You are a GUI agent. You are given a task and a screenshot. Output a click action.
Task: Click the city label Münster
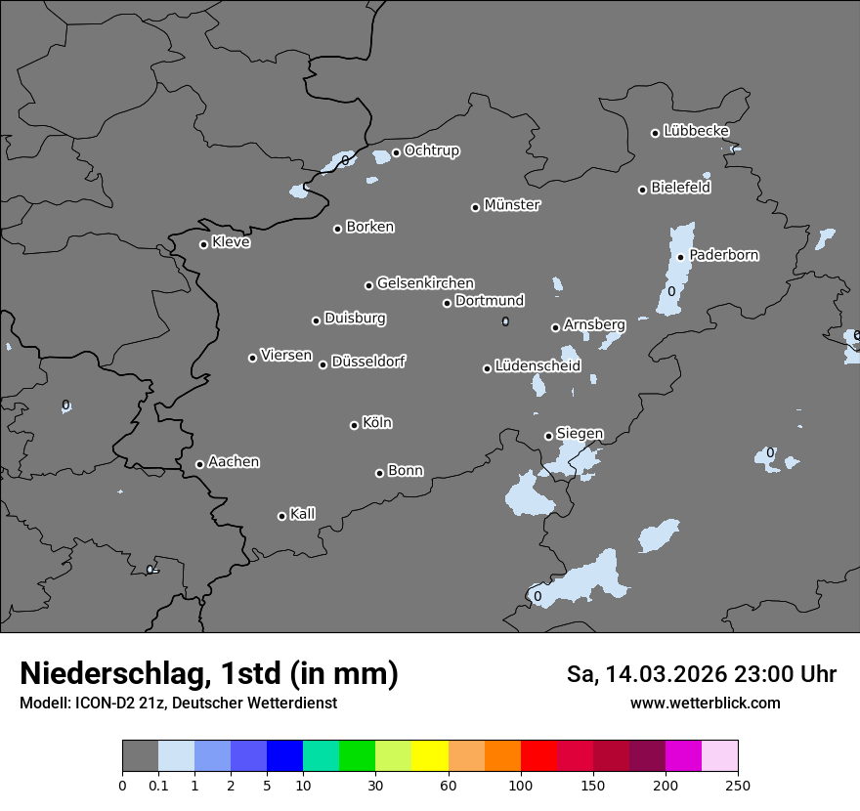512,205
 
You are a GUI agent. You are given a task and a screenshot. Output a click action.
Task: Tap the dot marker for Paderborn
681,257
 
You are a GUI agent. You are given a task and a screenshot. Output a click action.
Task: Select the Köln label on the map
377,423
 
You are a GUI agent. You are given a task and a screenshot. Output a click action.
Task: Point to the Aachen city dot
200,464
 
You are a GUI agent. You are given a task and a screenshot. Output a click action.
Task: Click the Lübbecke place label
696,131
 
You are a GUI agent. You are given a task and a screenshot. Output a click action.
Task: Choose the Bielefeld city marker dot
643,190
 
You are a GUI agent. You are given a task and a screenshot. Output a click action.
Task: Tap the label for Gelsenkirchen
425,283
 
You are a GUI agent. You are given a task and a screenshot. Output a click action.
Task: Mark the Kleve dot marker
204,244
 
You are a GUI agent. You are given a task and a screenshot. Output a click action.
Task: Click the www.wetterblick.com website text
705,703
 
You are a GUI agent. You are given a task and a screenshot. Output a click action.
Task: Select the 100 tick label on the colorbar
521,784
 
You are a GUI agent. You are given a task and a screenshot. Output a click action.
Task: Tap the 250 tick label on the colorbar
738,784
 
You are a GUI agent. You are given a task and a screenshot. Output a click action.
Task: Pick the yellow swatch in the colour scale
430,756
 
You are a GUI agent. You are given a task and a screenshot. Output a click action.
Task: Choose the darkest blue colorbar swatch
284,756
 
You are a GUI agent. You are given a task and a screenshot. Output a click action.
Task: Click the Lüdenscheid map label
537,366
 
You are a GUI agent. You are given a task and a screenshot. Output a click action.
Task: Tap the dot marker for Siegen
548,436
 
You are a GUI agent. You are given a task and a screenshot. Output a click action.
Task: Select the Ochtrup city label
431,150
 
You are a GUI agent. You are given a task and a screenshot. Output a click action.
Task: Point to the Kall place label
302,514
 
